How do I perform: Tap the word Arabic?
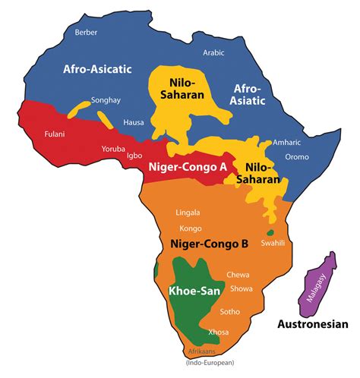click(x=215, y=52)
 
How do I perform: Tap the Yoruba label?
click(x=115, y=149)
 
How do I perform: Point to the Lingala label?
click(x=188, y=213)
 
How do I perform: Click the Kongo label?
click(x=191, y=228)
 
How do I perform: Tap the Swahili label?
click(x=271, y=244)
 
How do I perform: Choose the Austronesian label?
click(x=311, y=324)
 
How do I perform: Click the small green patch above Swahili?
click(x=270, y=232)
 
